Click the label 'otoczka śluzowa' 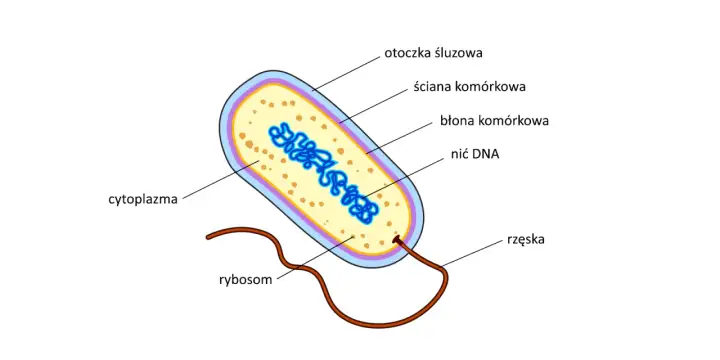(x=433, y=53)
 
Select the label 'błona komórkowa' (x=495, y=121)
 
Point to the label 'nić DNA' (x=475, y=155)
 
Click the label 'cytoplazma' (x=143, y=200)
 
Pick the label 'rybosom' (x=246, y=280)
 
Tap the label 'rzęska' (x=526, y=240)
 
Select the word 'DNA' (x=486, y=155)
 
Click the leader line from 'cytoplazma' (x=221, y=180)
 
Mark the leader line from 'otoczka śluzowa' (x=347, y=73)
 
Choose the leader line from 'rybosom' (x=315, y=257)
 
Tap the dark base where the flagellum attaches (x=397, y=239)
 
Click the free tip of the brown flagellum (x=209, y=237)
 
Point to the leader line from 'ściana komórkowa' (x=374, y=106)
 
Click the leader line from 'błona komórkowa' (x=399, y=137)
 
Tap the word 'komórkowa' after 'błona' (x=513, y=121)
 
